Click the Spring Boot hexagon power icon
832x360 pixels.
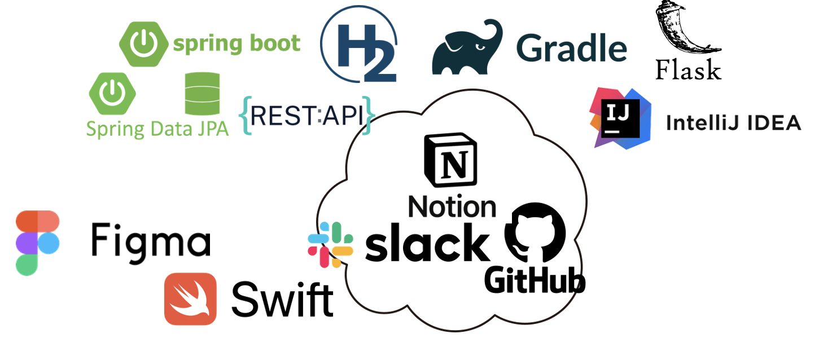pos(143,43)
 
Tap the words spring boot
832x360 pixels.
pos(237,43)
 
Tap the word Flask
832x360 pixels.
pos(688,70)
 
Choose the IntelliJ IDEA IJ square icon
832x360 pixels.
pos(619,117)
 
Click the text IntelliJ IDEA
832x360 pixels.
pos(733,122)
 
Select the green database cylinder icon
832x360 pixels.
pos(202,94)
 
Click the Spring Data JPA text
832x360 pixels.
pos(157,129)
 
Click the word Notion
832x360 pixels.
pos(452,207)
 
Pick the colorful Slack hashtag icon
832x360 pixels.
pos(330,244)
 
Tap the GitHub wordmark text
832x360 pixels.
pos(534,280)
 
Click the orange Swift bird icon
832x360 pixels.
pos(190,299)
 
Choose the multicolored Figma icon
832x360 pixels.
pos(37,243)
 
